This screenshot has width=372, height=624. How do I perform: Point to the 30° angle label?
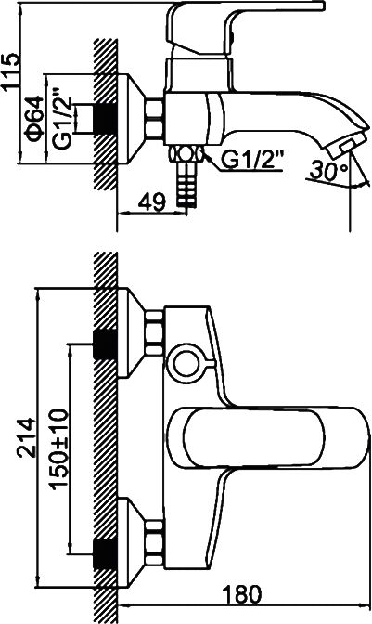tap(328, 170)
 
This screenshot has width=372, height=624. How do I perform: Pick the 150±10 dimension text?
tap(58, 448)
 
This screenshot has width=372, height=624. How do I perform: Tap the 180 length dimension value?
tap(242, 594)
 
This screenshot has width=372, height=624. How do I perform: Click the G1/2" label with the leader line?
tap(252, 160)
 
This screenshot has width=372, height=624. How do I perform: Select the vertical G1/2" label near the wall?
tap(62, 119)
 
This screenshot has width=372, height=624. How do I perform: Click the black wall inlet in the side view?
tap(106, 119)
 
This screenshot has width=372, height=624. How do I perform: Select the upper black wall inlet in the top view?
tap(106, 344)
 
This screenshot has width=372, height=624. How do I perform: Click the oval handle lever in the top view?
tap(269, 437)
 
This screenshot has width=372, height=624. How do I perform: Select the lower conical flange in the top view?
tap(131, 543)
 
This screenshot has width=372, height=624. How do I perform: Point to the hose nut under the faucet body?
tap(186, 154)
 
